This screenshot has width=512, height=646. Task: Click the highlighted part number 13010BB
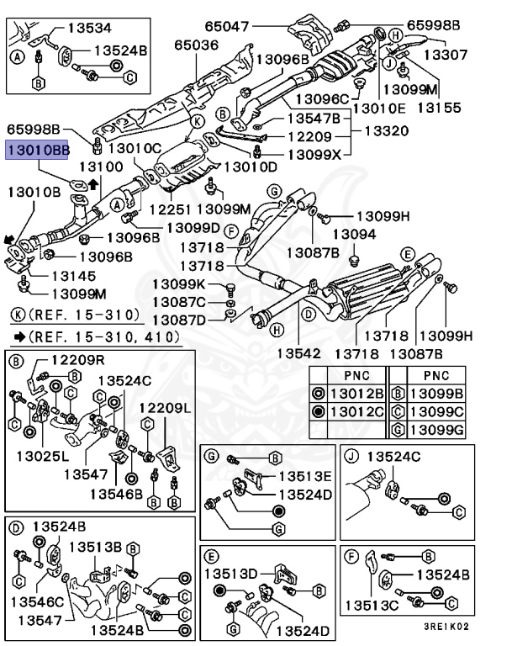coord(37,151)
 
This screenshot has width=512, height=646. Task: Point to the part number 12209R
coord(77,360)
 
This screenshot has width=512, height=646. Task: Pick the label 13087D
coord(179,320)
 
